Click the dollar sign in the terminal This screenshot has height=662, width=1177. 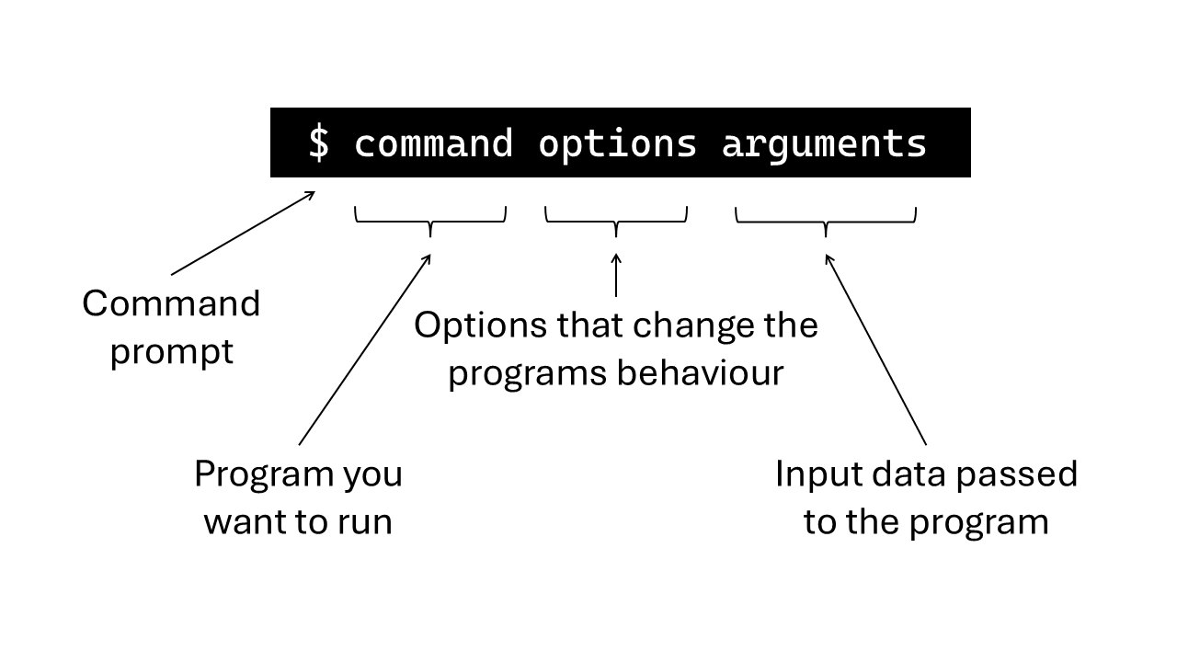(x=318, y=143)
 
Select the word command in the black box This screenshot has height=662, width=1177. (x=433, y=143)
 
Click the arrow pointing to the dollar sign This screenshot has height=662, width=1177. (x=243, y=234)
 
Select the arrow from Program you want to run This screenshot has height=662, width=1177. (x=365, y=349)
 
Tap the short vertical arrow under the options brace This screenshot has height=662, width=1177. (x=616, y=275)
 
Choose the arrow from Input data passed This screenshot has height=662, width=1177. (x=875, y=349)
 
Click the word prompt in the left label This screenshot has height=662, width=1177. (x=172, y=352)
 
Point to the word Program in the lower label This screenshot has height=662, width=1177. (x=264, y=474)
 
